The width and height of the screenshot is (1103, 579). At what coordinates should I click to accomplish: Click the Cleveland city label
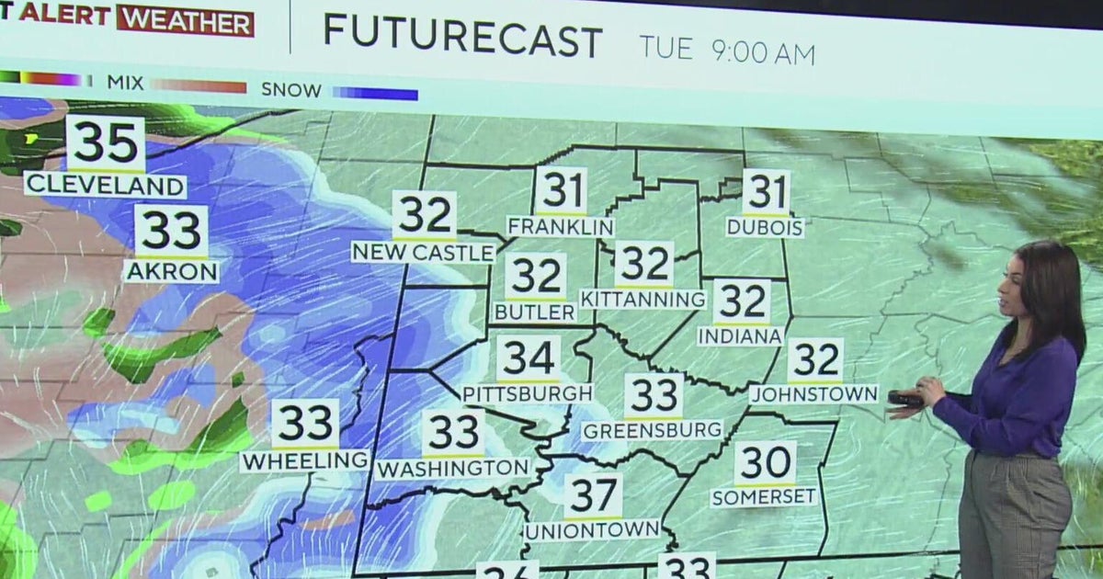pyautogui.click(x=105, y=185)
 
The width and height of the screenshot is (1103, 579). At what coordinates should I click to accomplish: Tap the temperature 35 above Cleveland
pyautogui.click(x=105, y=144)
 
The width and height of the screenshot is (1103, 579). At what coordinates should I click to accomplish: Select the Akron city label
pyautogui.click(x=172, y=271)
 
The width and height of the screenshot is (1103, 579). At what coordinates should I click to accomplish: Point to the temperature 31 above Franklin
pyautogui.click(x=561, y=191)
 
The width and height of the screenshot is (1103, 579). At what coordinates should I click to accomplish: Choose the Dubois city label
pyautogui.click(x=765, y=227)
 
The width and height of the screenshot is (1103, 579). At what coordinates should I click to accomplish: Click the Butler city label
pyautogui.click(x=534, y=312)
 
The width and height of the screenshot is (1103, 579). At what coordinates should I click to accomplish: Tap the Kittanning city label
pyautogui.click(x=643, y=299)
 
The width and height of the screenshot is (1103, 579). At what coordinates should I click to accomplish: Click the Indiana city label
pyautogui.click(x=740, y=336)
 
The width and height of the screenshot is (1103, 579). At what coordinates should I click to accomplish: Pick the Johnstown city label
pyautogui.click(x=813, y=394)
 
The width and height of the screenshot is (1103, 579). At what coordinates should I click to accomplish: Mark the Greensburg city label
pyautogui.click(x=653, y=430)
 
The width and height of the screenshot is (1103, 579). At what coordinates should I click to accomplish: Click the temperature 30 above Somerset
pyautogui.click(x=765, y=462)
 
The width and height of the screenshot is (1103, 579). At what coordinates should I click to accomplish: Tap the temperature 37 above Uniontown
pyautogui.click(x=593, y=496)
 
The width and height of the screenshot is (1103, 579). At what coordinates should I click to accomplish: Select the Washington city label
pyautogui.click(x=453, y=468)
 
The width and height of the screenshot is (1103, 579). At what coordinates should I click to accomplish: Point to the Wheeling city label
pyautogui.click(x=304, y=460)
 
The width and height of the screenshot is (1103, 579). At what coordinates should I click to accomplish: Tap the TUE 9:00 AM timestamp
pyautogui.click(x=726, y=51)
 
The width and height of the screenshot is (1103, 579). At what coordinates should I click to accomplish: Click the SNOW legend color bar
pyautogui.click(x=375, y=93)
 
